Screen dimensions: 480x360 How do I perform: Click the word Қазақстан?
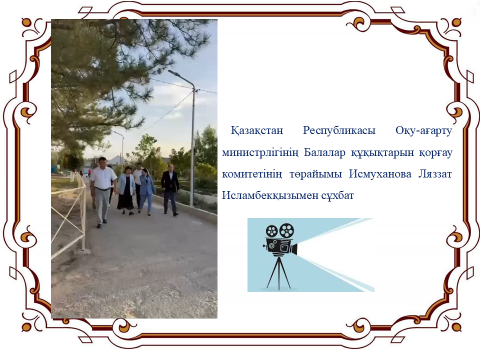(x=257, y=130)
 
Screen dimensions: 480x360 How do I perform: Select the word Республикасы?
(x=339, y=131)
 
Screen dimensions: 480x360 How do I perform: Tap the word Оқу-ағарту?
(x=424, y=131)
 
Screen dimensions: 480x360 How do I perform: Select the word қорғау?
(x=436, y=153)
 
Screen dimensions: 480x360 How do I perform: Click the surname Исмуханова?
(x=380, y=174)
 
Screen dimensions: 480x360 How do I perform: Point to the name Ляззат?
(x=435, y=174)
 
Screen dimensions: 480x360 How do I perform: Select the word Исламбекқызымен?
(x=269, y=196)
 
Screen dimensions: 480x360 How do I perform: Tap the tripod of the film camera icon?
(x=279, y=273)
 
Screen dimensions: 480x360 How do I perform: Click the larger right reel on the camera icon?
(x=287, y=231)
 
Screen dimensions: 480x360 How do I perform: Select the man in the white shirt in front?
(x=102, y=193)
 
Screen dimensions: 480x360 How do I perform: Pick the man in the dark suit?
(x=170, y=190)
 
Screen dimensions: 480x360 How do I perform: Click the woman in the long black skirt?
(x=126, y=191)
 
